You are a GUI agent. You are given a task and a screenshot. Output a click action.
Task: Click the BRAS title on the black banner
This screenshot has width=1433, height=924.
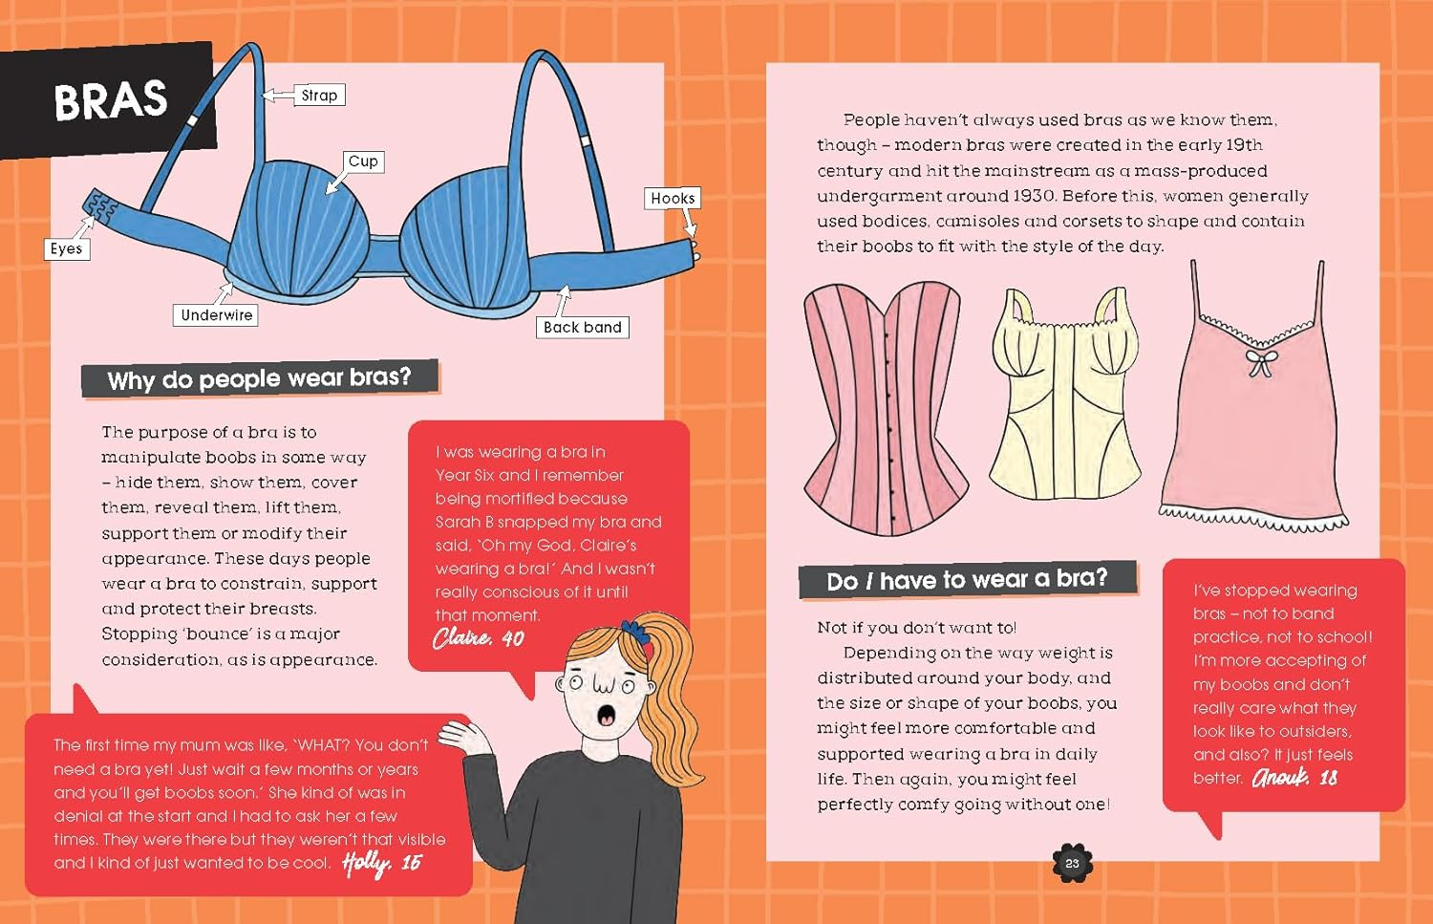(x=110, y=100)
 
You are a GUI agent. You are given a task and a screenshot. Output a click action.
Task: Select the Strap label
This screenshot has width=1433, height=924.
(x=319, y=95)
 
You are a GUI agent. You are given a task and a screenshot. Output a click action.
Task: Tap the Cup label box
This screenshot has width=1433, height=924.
(x=363, y=161)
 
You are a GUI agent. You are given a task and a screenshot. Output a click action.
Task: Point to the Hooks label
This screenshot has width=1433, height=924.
(x=673, y=198)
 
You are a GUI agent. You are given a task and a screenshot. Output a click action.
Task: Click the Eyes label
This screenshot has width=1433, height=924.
(x=66, y=248)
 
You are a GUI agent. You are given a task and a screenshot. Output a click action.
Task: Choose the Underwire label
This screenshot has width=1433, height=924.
(x=216, y=315)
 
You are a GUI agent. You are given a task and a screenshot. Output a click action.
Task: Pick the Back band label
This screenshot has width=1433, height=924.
(x=582, y=327)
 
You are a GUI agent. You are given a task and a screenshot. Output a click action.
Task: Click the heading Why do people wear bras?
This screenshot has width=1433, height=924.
(x=259, y=379)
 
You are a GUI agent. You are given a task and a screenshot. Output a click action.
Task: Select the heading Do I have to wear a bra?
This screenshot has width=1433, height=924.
(x=967, y=580)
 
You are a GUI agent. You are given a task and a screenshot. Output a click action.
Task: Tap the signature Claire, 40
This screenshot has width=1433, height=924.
(x=478, y=638)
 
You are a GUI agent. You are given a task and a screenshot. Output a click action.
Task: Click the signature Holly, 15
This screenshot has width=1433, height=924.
(x=381, y=863)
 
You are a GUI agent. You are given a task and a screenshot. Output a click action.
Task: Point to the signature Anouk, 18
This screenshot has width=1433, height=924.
(x=1294, y=778)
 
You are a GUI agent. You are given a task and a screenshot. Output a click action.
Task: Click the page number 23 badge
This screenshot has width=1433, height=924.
(x=1072, y=863)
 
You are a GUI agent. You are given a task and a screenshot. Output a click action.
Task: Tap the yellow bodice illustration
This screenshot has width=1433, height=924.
(x=1063, y=397)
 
